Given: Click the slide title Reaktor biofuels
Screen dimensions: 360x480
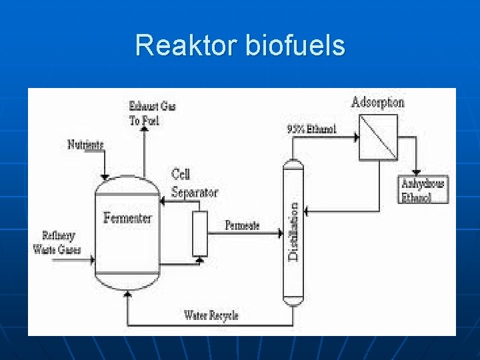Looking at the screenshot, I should [240, 46].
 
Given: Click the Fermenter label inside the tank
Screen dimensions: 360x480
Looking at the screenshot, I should [127, 218].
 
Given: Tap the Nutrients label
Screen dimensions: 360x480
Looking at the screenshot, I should [85, 145].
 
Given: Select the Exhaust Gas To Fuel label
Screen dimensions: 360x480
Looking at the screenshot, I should [152, 113].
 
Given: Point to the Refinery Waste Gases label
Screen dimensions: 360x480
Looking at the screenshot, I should [57, 243].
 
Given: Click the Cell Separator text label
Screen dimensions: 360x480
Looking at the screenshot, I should [194, 183].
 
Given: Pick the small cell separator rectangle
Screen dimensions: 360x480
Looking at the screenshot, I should [200, 233].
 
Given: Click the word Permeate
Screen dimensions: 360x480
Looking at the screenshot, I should [242, 225].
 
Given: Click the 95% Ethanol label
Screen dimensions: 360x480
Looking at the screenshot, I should [311, 129].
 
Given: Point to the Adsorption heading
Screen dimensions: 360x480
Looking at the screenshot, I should [377, 103].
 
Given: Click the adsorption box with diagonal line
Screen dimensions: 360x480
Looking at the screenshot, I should [378, 137].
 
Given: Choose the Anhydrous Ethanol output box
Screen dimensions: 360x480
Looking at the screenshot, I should [423, 189].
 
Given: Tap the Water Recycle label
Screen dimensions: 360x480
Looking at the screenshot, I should [211, 315].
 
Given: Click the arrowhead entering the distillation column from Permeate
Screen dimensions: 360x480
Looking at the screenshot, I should [280, 233].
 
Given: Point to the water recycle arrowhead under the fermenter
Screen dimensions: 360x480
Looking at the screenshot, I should [127, 297].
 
